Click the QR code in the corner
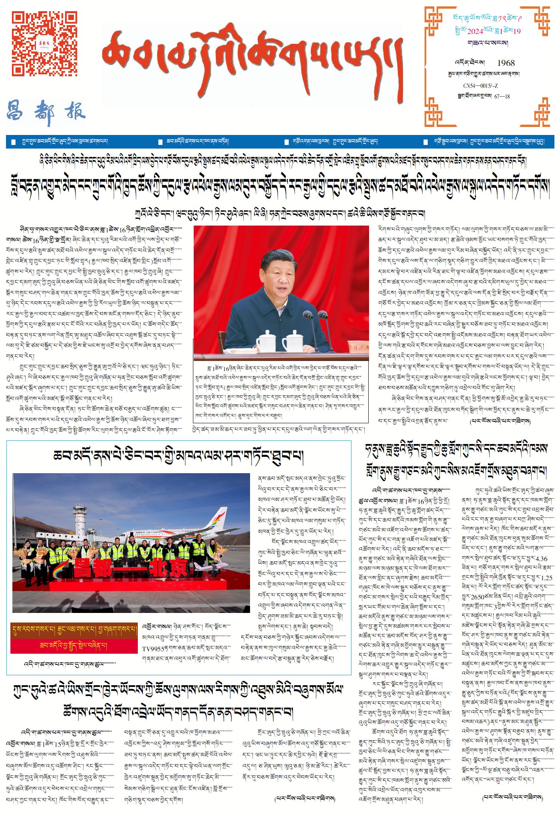click(44, 44)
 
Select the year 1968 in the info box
click(506, 63)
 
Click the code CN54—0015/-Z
click(480, 86)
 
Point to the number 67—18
click(502, 97)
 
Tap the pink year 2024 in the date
click(475, 32)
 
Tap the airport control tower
click(80, 519)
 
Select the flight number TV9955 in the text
click(153, 649)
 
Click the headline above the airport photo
click(178, 456)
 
